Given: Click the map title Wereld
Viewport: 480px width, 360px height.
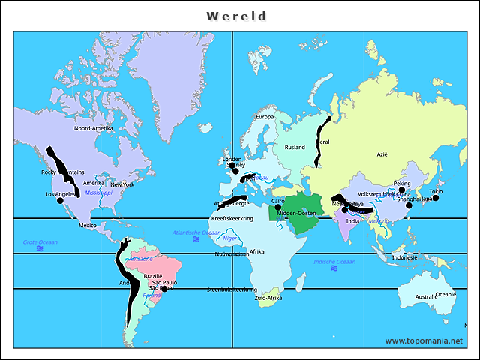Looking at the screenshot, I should tap(236, 16).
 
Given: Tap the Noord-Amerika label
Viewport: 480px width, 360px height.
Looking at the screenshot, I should tap(94, 128).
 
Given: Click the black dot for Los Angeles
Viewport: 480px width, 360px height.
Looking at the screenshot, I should tap(61, 200).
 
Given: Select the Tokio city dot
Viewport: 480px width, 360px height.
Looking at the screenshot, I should tap(436, 198).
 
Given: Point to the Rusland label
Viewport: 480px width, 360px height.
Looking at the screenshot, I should tap(295, 148).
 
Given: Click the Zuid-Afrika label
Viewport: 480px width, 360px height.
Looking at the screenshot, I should tap(268, 298).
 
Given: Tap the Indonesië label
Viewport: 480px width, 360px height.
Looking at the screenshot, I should tap(404, 257).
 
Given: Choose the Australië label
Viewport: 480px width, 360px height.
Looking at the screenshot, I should tap(426, 297).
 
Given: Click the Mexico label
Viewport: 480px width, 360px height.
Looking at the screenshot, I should tap(88, 225).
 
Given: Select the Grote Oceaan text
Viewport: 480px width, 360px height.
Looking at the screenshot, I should tap(40, 242).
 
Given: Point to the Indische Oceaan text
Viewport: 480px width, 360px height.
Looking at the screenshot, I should tap(334, 262).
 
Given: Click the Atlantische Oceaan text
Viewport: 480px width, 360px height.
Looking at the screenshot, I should tap(196, 232).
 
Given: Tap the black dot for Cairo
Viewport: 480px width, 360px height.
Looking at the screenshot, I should tap(277, 208).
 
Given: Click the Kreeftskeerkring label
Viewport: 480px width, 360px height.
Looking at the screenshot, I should tap(232, 219).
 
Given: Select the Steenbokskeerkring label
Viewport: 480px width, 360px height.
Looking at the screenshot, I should tap(232, 289).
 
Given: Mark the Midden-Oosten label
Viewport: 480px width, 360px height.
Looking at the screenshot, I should tap(296, 214).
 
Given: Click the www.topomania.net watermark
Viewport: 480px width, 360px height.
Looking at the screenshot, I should tap(424, 340).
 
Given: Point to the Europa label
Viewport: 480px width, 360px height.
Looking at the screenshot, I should tap(265, 117).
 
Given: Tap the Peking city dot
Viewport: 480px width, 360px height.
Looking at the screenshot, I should tap(402, 190).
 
